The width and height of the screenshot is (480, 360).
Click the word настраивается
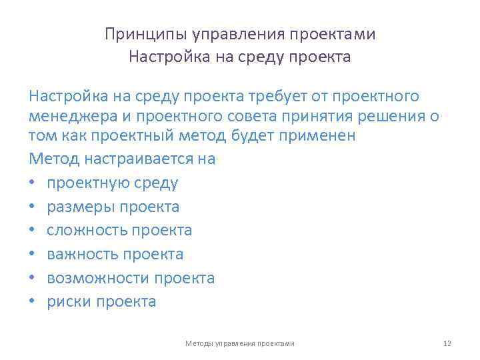(x=139, y=159)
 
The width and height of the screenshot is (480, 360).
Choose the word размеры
(x=80, y=207)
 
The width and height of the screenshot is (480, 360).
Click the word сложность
(x=86, y=231)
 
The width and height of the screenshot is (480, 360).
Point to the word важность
(x=82, y=255)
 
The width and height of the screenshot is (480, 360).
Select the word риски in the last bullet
(x=69, y=302)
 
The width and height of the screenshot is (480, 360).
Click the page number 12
(x=447, y=343)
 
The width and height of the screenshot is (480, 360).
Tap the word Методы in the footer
(x=199, y=343)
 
